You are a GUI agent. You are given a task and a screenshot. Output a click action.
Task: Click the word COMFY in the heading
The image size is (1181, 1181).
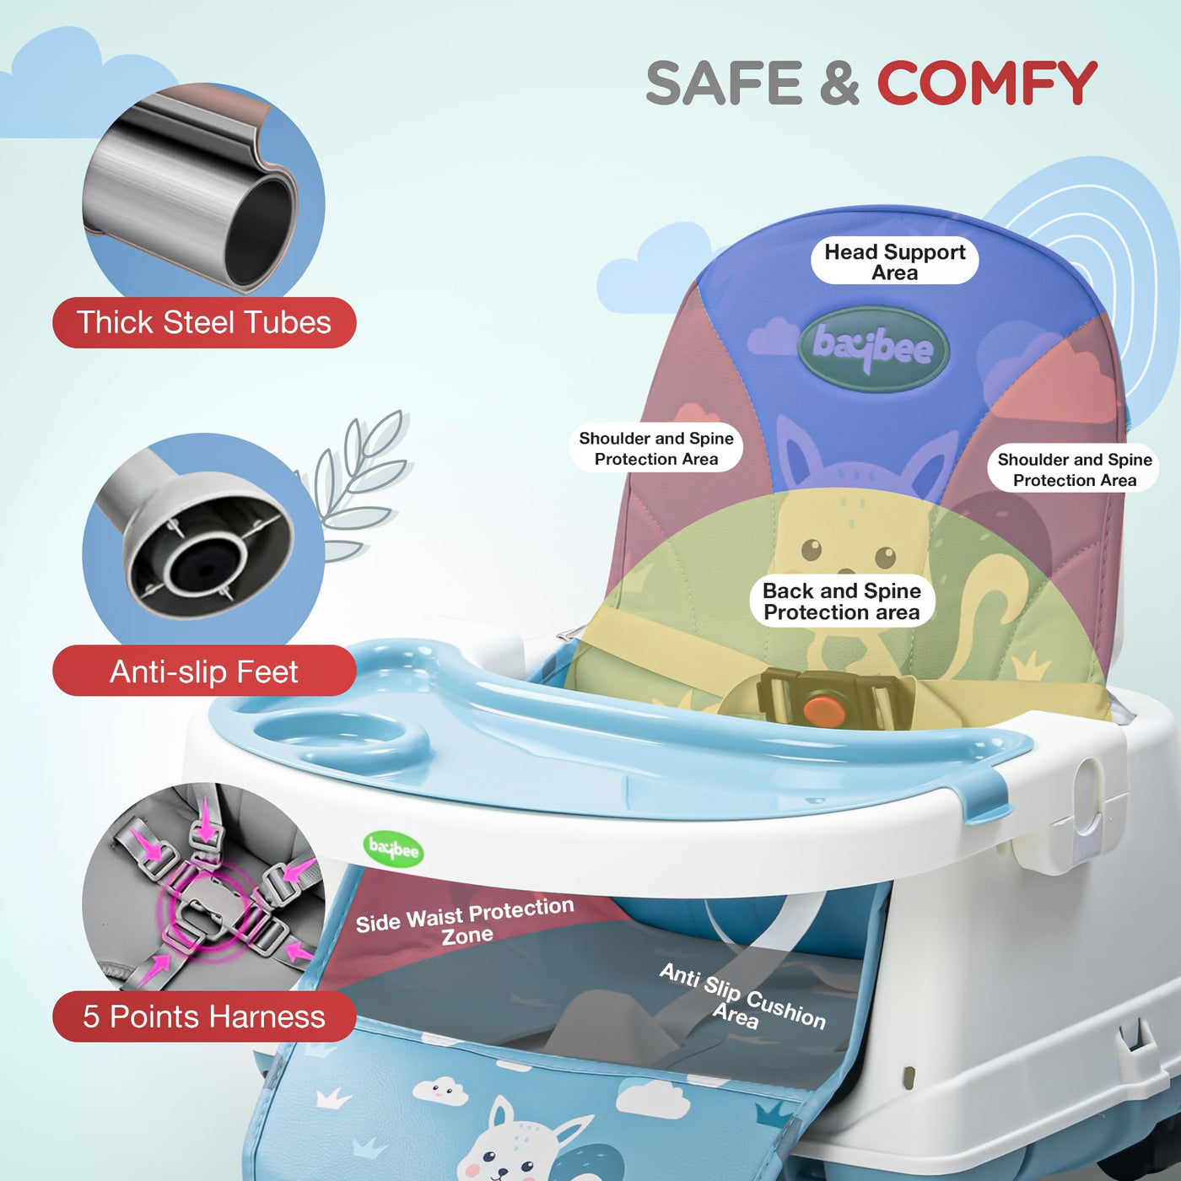click(987, 82)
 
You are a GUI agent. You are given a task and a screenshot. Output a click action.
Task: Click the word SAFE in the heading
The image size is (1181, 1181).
click(723, 82)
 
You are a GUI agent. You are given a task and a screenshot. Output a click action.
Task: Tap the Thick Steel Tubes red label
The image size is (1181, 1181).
click(204, 322)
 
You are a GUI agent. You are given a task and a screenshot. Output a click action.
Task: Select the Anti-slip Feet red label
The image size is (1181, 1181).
click(204, 671)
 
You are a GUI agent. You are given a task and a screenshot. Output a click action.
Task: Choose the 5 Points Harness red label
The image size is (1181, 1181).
click(204, 1017)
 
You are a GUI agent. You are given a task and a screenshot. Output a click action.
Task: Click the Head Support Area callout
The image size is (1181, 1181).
click(894, 261)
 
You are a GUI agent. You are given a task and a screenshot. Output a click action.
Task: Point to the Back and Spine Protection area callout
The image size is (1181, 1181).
click(842, 601)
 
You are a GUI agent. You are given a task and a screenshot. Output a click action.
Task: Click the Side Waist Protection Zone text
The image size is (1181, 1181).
click(465, 921)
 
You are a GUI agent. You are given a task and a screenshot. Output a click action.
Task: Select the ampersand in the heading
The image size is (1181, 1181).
click(839, 82)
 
